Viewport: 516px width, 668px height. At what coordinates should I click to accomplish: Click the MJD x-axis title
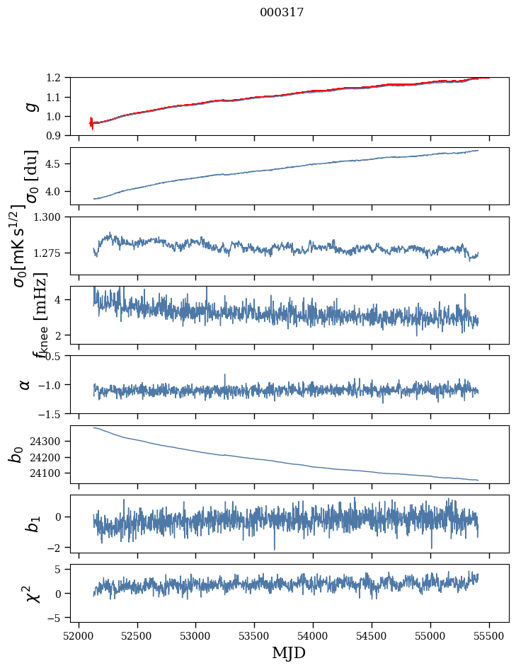[289, 652]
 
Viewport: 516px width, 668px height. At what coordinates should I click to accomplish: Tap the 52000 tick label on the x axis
[79, 635]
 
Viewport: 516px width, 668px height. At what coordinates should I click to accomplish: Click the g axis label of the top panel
[30, 106]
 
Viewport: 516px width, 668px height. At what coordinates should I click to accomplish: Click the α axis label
[25, 384]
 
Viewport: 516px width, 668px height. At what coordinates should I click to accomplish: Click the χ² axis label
[31, 594]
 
